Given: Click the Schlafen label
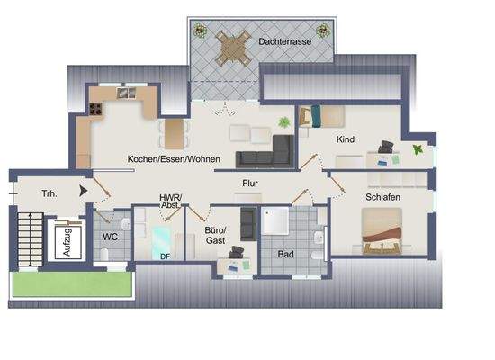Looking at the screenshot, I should pyautogui.click(x=382, y=197).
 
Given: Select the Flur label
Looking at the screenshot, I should pyautogui.click(x=250, y=184).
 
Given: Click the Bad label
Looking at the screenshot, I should pyautogui.click(x=285, y=255).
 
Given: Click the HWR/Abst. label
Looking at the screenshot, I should pyautogui.click(x=170, y=200).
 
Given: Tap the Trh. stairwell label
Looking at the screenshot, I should pyautogui.click(x=49, y=193).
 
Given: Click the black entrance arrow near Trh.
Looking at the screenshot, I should pyautogui.click(x=85, y=191).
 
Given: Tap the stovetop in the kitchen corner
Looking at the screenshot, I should pyautogui.click(x=96, y=109).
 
